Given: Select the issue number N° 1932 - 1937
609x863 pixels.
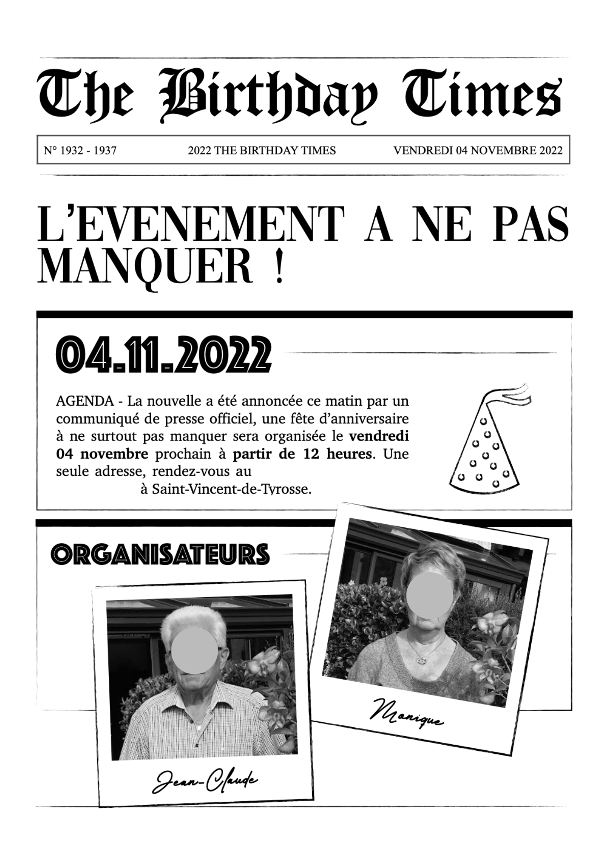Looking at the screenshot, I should coord(80,151).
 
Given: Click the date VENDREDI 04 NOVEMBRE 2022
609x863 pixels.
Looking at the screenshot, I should coord(478,151).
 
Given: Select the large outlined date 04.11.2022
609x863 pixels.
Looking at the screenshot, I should coord(164,355).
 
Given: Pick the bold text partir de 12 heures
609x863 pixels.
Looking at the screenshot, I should coord(302,454).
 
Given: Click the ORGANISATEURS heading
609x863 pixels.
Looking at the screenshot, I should coord(160,554).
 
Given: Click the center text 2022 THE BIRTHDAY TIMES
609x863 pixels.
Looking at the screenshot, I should coord(262,151).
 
